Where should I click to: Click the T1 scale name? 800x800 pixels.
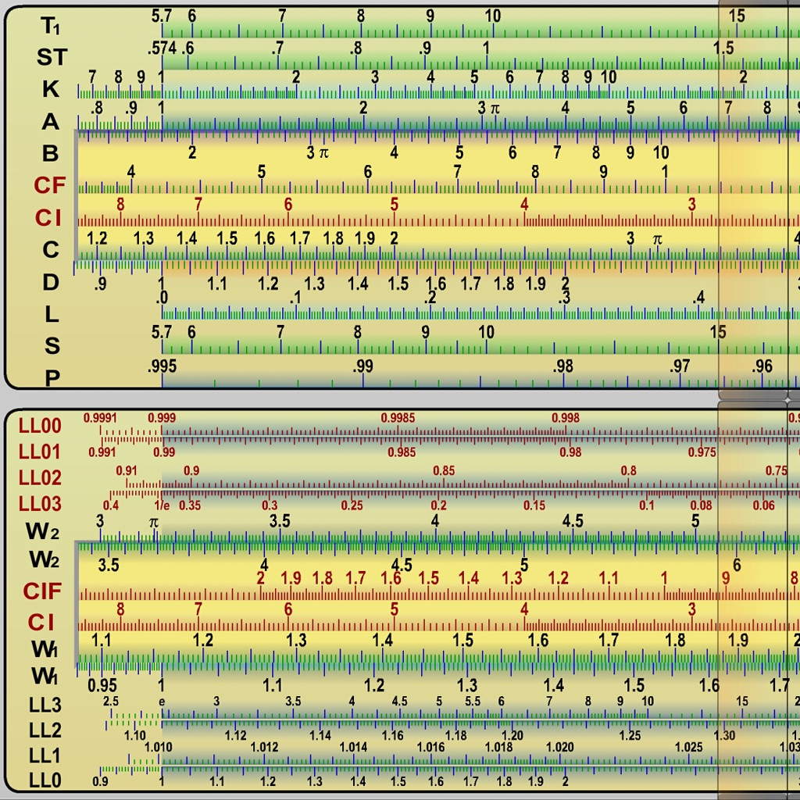(x=51, y=26)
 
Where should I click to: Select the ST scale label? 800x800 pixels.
(x=52, y=57)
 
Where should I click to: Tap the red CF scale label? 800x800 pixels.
(x=49, y=185)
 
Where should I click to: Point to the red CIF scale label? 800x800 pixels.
(x=42, y=591)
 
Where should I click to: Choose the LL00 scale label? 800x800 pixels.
(x=40, y=426)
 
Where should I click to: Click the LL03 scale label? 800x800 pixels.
(x=40, y=504)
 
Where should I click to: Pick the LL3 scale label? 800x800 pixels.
(x=45, y=705)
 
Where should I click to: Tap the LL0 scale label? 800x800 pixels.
(x=45, y=780)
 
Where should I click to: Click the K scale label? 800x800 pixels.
(x=51, y=89)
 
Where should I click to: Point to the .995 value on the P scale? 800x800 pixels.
(x=162, y=366)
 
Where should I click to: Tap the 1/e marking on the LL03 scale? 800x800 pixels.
(x=162, y=505)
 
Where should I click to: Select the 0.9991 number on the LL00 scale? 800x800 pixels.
(x=100, y=418)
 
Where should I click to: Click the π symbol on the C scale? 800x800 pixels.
(x=658, y=239)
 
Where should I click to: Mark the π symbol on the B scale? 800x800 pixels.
(x=323, y=153)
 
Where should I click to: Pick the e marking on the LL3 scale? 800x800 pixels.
(x=162, y=702)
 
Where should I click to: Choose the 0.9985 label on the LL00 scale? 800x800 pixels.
(x=398, y=418)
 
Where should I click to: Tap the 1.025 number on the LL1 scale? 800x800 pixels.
(x=689, y=747)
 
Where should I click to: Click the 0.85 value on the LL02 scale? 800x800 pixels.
(x=444, y=470)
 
